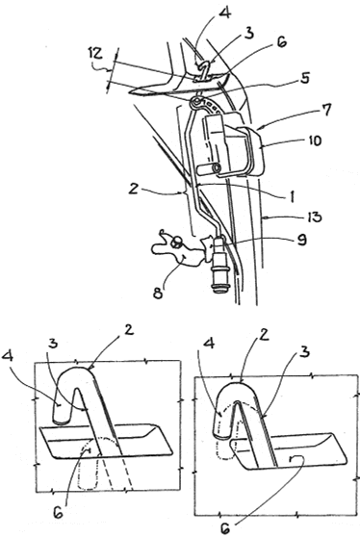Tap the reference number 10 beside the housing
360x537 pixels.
coord(312,141)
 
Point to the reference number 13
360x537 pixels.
coord(313,217)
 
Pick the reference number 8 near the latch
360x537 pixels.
coord(158,294)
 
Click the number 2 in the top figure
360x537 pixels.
coord(133,189)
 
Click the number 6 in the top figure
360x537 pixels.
coord(282,42)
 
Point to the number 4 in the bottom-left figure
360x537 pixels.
coord(9,356)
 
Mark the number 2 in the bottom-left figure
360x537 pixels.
coord(128,330)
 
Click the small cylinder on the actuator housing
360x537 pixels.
coord(209,168)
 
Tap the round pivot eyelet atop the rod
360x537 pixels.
coord(196,102)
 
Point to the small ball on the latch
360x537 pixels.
coord(176,243)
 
